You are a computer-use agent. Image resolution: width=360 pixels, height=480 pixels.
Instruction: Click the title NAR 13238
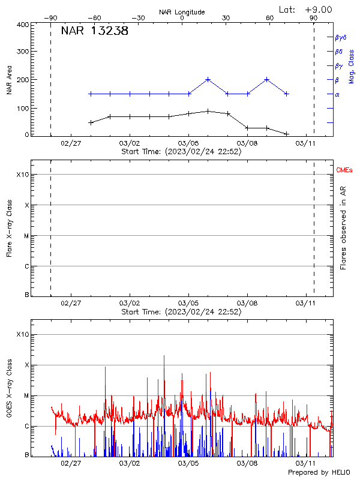[94, 32]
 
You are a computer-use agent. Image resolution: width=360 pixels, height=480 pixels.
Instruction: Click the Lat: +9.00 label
[306, 9]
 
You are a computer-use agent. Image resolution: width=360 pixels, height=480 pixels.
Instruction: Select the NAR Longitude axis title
[182, 12]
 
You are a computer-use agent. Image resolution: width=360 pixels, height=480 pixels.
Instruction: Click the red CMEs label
[345, 171]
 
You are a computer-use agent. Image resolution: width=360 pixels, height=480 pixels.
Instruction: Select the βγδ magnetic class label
[340, 37]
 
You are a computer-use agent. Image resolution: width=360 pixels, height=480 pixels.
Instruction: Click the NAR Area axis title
[9, 80]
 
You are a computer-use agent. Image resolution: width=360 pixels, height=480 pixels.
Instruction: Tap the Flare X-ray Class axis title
[9, 228]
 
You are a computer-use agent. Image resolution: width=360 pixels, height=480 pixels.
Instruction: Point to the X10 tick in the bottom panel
[22, 334]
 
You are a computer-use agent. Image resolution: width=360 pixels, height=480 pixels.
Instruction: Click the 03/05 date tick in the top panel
[188, 144]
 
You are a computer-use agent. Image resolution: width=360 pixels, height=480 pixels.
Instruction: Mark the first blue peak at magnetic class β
[208, 79]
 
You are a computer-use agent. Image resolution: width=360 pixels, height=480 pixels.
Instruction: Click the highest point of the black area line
[208, 111]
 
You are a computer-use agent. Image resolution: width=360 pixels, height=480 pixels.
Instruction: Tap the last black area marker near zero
[287, 134]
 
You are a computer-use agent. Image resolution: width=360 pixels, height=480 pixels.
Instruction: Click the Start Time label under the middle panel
[181, 312]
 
